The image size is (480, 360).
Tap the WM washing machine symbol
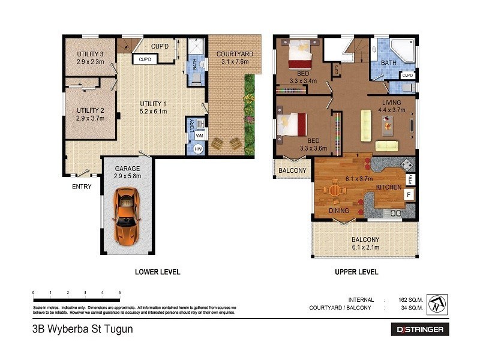[x=199, y=136]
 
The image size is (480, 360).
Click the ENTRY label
[x=82, y=187]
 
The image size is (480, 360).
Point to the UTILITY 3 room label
[x=91, y=57]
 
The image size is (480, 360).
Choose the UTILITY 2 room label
[x=91, y=114]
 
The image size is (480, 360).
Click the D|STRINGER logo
[x=420, y=329]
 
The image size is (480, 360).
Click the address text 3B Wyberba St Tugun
[x=82, y=329]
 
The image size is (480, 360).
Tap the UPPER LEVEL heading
[x=356, y=272]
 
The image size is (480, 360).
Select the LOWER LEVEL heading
[x=157, y=272]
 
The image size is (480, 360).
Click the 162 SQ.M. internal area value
[x=410, y=299]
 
